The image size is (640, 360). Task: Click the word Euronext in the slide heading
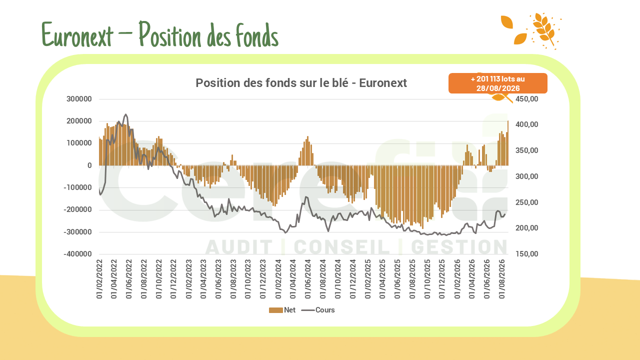pyautogui.click(x=77, y=34)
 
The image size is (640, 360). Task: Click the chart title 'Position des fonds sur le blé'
pyautogui.click(x=271, y=83)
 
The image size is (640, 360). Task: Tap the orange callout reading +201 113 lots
pyautogui.click(x=497, y=83)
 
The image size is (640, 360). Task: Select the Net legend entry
pyautogui.click(x=282, y=310)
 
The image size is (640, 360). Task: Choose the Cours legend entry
pyautogui.click(x=318, y=310)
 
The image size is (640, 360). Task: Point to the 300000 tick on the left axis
pyautogui.click(x=79, y=99)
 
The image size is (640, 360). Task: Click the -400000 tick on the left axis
pyautogui.click(x=77, y=254)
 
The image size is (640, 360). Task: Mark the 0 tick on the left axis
pyautogui.click(x=89, y=165)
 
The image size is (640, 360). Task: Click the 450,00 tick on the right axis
pyautogui.click(x=526, y=99)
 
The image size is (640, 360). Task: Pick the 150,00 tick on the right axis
pyautogui.click(x=526, y=254)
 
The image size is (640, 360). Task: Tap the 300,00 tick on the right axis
pyautogui.click(x=526, y=176)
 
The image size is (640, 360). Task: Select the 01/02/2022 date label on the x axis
pyautogui.click(x=99, y=279)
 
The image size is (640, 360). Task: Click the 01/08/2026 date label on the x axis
pyautogui.click(x=501, y=279)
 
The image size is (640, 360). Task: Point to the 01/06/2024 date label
pyautogui.click(x=307, y=279)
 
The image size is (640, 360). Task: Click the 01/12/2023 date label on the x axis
pyautogui.click(x=263, y=279)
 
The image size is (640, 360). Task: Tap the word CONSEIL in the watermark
pyautogui.click(x=341, y=247)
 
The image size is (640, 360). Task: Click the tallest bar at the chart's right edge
pyautogui.click(x=507, y=143)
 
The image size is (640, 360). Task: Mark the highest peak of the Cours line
pyautogui.click(x=125, y=114)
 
